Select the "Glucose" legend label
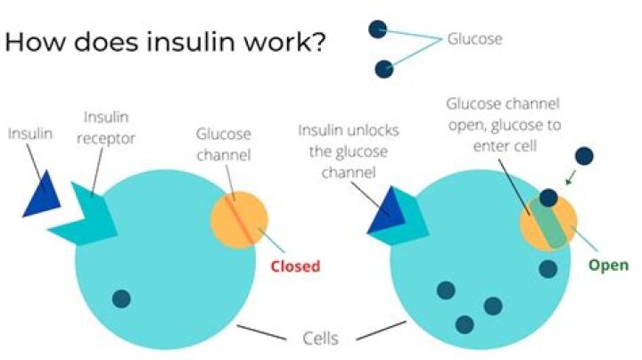coord(473,39)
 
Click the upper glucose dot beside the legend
coord(378,29)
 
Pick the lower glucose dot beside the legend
coord(384,69)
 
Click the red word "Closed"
coord(294,266)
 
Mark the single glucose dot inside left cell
coord(121,299)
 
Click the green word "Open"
coord(608,266)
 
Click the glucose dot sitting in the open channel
coord(549,199)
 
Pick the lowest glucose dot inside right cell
coord(465,323)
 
